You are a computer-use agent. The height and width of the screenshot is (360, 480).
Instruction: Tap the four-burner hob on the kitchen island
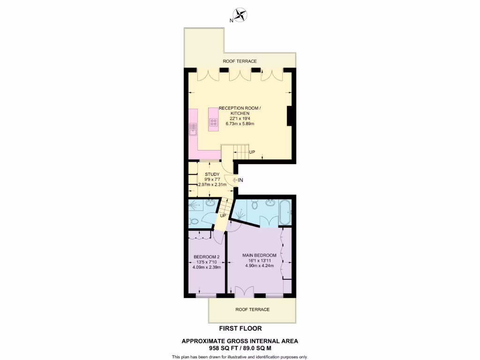[214, 122]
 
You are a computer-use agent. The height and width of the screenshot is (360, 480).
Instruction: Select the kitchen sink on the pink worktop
[193, 128]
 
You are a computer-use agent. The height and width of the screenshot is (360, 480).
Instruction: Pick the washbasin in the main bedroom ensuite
[270, 203]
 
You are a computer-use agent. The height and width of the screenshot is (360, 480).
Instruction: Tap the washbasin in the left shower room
[210, 203]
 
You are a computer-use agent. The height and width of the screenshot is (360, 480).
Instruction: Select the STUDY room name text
[212, 174]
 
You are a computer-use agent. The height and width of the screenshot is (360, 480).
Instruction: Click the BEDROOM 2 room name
[206, 256]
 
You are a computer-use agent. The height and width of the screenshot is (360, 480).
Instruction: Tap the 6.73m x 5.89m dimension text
[240, 124]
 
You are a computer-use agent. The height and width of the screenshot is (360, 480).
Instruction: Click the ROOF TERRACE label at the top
[240, 61]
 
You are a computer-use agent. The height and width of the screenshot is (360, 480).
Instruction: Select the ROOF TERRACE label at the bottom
[252, 309]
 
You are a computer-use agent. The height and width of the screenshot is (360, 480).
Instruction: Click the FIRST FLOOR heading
[240, 329]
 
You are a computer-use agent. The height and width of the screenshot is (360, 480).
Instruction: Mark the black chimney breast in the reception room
[290, 116]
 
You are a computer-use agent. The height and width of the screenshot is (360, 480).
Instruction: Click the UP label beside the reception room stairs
[252, 152]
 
